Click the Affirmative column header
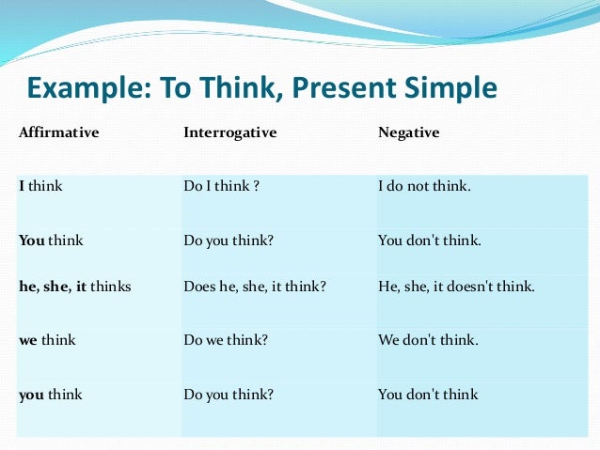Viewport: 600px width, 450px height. click(58, 132)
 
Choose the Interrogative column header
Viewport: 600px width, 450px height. click(229, 132)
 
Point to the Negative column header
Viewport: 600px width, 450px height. click(408, 132)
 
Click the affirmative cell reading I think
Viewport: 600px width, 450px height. click(40, 186)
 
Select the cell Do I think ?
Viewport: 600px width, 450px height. click(221, 186)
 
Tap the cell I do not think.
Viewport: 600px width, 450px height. click(424, 186)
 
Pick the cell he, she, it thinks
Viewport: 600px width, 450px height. click(74, 287)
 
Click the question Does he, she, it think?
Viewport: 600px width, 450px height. click(255, 287)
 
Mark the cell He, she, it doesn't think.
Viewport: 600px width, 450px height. click(456, 287)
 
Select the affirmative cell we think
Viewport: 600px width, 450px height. click(47, 340)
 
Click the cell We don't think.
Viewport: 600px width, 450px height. click(428, 340)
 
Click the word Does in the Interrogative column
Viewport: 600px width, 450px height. click(200, 287)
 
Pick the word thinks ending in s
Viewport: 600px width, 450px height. click(111, 287)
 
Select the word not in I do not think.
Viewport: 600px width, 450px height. click(419, 186)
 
